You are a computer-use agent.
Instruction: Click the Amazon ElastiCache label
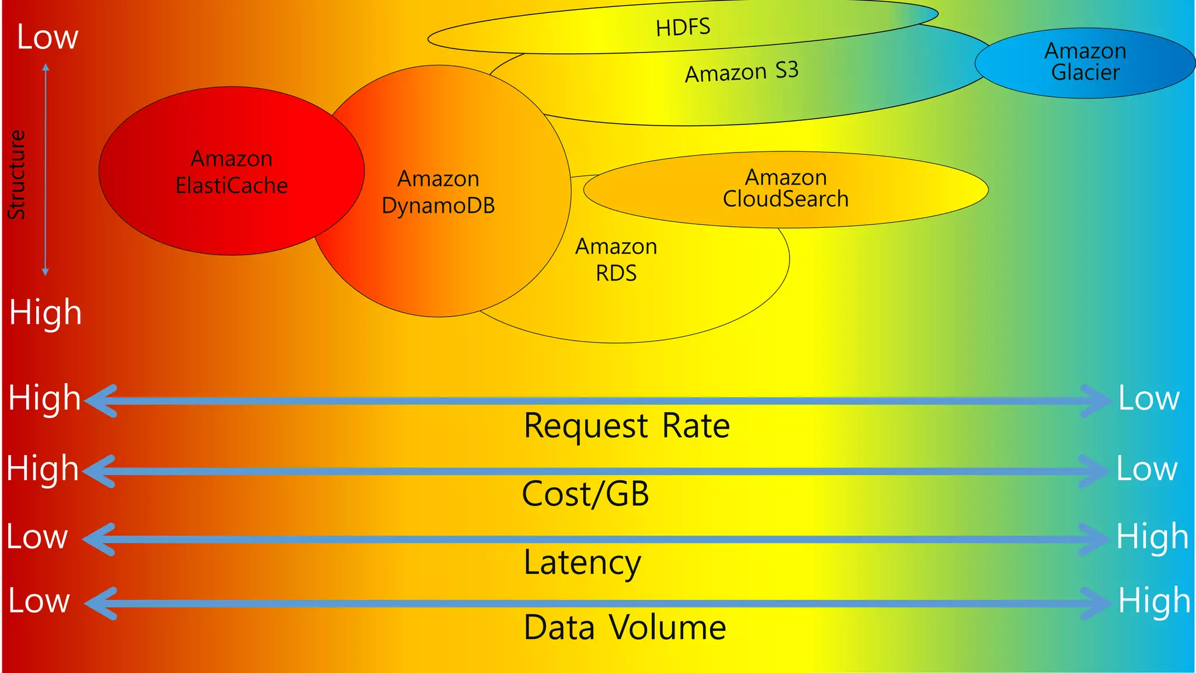(232, 172)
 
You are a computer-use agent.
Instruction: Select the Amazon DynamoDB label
(438, 192)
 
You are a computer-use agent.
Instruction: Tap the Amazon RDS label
(616, 260)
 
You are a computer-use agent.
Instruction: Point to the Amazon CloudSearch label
(785, 188)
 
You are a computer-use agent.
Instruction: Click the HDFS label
(683, 27)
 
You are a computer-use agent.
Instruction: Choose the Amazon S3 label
(742, 72)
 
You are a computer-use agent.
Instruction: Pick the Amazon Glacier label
(1085, 61)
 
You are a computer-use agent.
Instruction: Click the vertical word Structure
(17, 175)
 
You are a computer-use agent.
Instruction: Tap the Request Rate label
(627, 425)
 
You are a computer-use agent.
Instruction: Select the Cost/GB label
(585, 494)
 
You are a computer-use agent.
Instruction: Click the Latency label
(582, 562)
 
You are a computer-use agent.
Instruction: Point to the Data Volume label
(625, 627)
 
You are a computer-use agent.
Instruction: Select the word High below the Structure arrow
(46, 312)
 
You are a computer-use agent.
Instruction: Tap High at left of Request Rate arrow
(44, 398)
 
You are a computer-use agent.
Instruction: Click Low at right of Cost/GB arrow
(1147, 469)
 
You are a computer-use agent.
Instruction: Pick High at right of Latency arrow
(1152, 537)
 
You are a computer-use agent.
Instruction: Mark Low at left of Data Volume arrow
(39, 601)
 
